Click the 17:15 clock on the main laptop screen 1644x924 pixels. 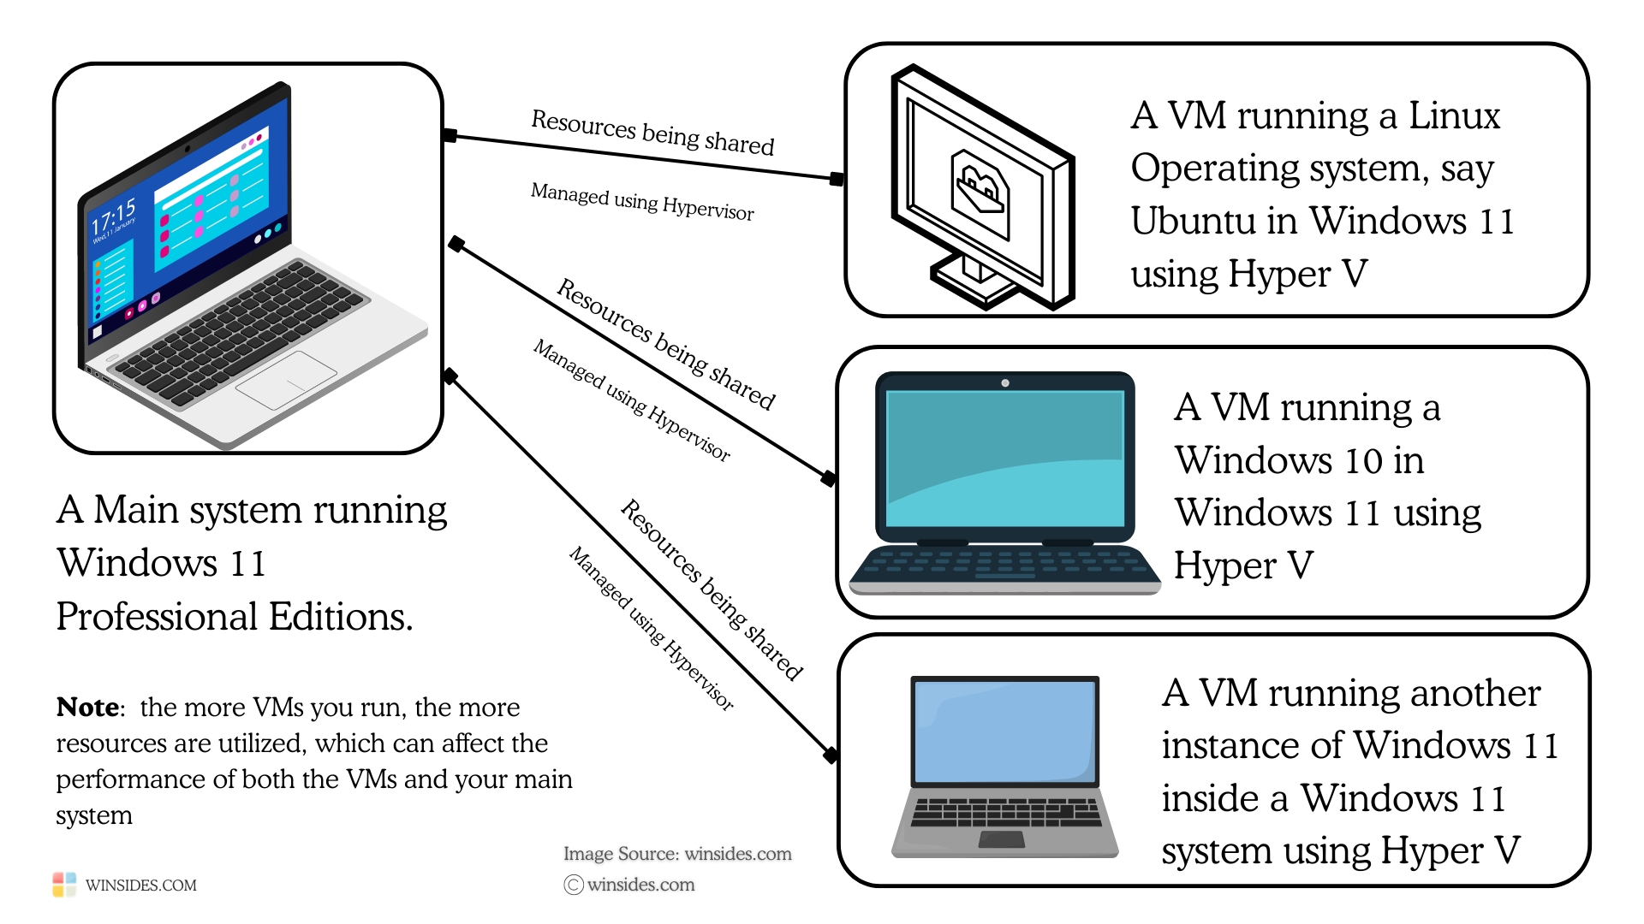114,216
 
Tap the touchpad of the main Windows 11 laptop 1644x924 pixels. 286,380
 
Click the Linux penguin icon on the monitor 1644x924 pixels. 980,193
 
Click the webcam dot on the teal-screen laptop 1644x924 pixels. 1005,383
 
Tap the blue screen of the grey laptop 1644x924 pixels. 1005,732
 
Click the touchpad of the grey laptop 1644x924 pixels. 1002,839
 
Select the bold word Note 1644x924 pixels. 87,708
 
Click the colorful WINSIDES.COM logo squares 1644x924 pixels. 64,885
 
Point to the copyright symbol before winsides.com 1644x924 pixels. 574,885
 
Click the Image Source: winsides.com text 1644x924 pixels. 677,854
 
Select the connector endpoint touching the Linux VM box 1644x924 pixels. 837,179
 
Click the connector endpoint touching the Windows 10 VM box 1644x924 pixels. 828,478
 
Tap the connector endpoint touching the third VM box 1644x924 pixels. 831,755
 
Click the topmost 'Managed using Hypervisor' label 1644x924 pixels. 642,202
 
